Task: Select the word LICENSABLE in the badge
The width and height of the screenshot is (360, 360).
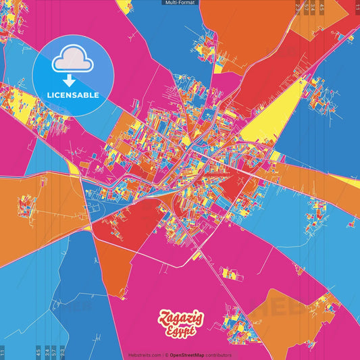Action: click(x=72, y=95)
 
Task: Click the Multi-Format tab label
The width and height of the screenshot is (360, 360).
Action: click(x=180, y=3)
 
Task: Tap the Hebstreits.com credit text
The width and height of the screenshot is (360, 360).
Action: click(x=145, y=355)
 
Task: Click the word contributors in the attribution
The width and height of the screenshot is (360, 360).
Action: click(x=219, y=355)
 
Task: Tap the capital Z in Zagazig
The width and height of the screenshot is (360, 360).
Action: click(x=163, y=316)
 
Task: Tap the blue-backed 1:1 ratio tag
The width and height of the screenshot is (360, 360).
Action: click(x=3, y=353)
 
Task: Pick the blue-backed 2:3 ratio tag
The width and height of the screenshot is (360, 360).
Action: click(x=62, y=353)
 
